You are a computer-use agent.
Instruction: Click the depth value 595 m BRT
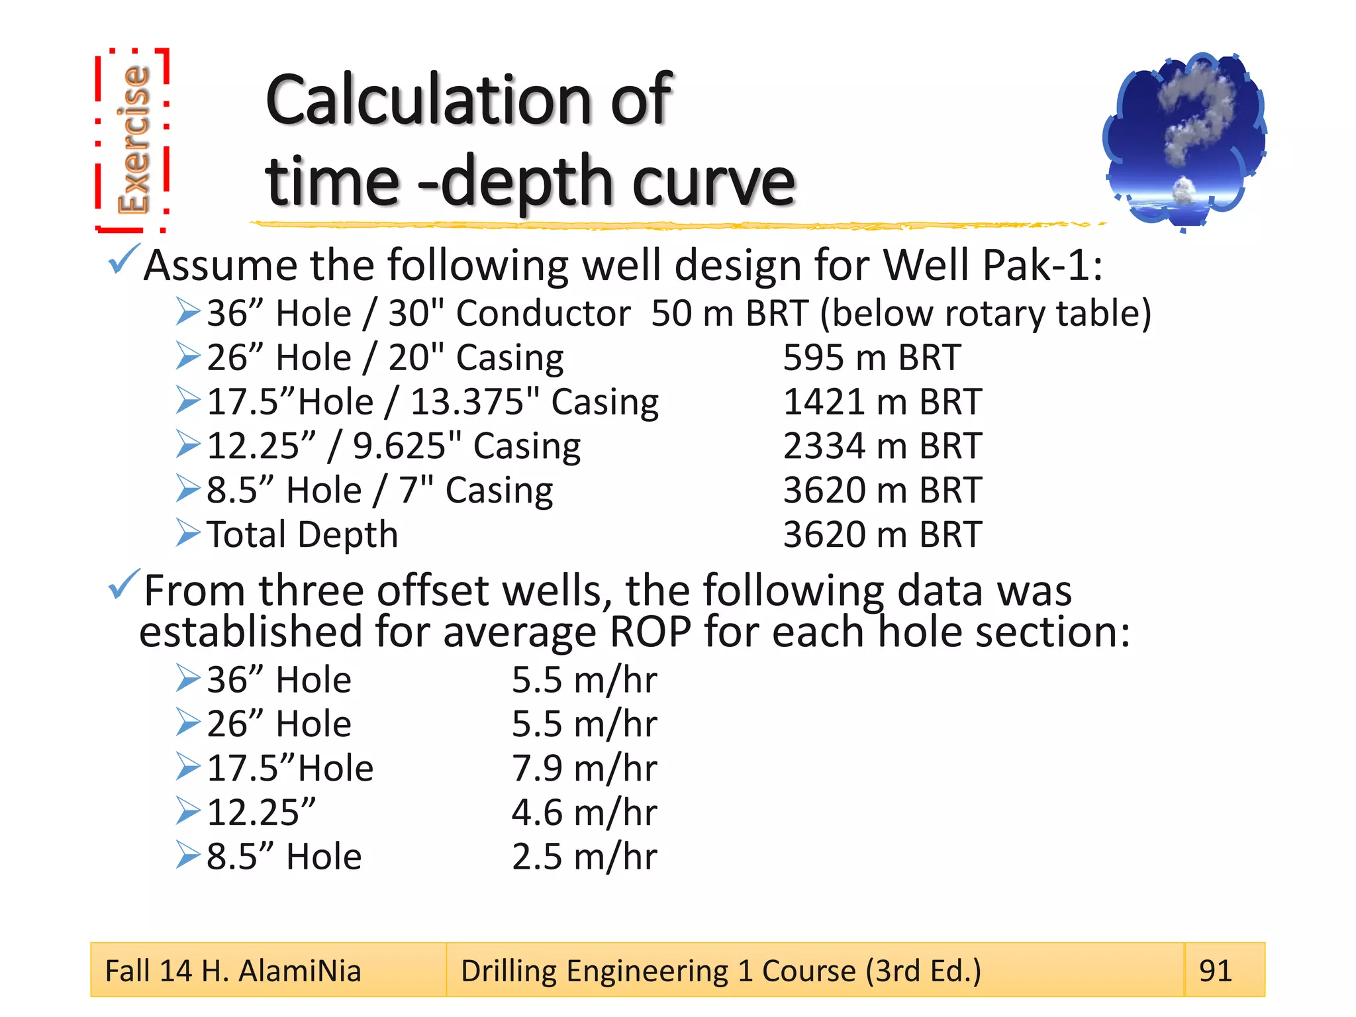pyautogui.click(x=871, y=358)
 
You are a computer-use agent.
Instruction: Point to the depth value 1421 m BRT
pyautogui.click(x=882, y=403)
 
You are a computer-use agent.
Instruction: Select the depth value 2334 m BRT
pyautogui.click(x=882, y=446)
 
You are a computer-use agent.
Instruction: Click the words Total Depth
pyautogui.click(x=302, y=535)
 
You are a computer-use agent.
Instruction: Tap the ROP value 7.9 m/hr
pyautogui.click(x=584, y=769)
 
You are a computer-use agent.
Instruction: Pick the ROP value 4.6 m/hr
pyautogui.click(x=584, y=813)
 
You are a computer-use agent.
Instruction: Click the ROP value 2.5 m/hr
pyautogui.click(x=584, y=857)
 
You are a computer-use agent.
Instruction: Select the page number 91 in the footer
pyautogui.click(x=1215, y=971)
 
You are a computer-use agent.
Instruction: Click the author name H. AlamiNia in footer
pyautogui.click(x=281, y=971)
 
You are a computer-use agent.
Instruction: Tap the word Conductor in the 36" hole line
pyautogui.click(x=543, y=314)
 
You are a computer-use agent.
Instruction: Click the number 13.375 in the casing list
pyautogui.click(x=467, y=403)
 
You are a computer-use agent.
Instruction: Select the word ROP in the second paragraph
pyautogui.click(x=650, y=632)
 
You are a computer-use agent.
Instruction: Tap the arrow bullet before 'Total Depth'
pyautogui.click(x=188, y=534)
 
